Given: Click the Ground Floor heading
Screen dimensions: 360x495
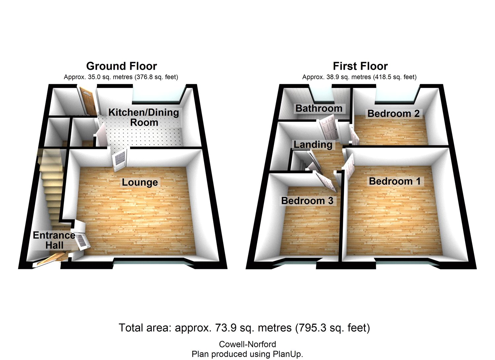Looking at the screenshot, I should [x=121, y=66].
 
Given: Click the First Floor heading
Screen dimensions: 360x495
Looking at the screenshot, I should [x=360, y=66].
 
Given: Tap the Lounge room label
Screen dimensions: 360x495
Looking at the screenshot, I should [x=140, y=182].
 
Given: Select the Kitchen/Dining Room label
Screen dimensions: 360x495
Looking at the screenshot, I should [x=144, y=117].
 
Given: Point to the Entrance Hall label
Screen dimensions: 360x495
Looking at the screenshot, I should [x=54, y=240].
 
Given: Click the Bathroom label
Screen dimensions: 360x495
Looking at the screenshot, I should [x=319, y=108].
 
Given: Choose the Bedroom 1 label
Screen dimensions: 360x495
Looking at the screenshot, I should [x=395, y=181].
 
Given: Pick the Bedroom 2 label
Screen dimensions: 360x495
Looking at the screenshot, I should [x=393, y=114].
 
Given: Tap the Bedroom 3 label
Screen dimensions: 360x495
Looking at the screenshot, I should [x=307, y=200].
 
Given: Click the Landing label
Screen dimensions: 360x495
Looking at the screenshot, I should [x=313, y=144].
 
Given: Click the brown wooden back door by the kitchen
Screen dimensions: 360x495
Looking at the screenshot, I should [x=88, y=100].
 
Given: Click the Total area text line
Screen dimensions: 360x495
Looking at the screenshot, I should [x=244, y=328].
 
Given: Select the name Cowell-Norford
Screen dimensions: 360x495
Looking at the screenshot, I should [x=247, y=344].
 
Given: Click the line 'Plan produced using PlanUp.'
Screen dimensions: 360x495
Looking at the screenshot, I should [x=247, y=354].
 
